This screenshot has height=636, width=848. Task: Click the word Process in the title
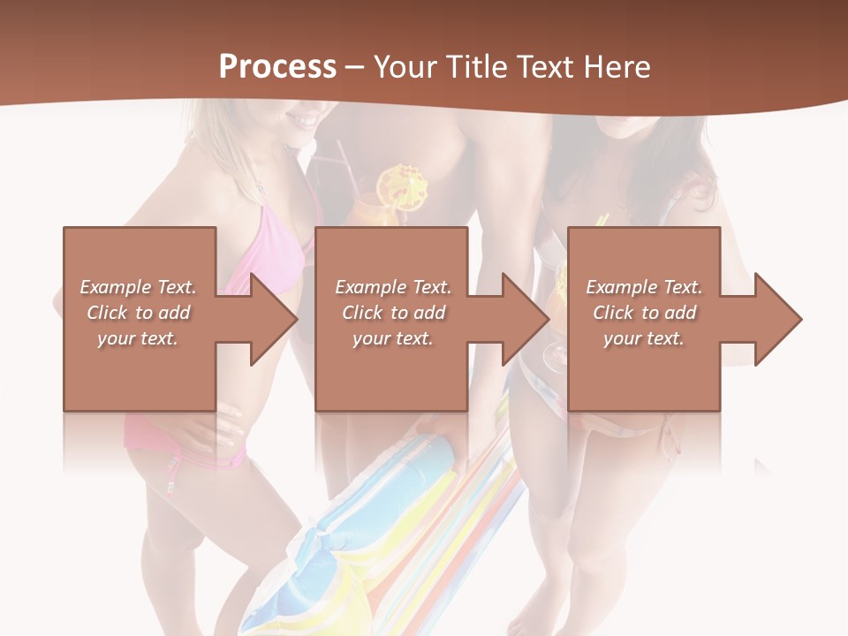(x=277, y=67)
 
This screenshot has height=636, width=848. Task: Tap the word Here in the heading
(x=618, y=67)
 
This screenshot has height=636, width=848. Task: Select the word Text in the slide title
(x=548, y=67)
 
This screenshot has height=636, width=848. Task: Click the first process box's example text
(x=138, y=313)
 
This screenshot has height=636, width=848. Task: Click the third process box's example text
(x=644, y=313)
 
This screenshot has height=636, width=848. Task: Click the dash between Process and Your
(x=355, y=67)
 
